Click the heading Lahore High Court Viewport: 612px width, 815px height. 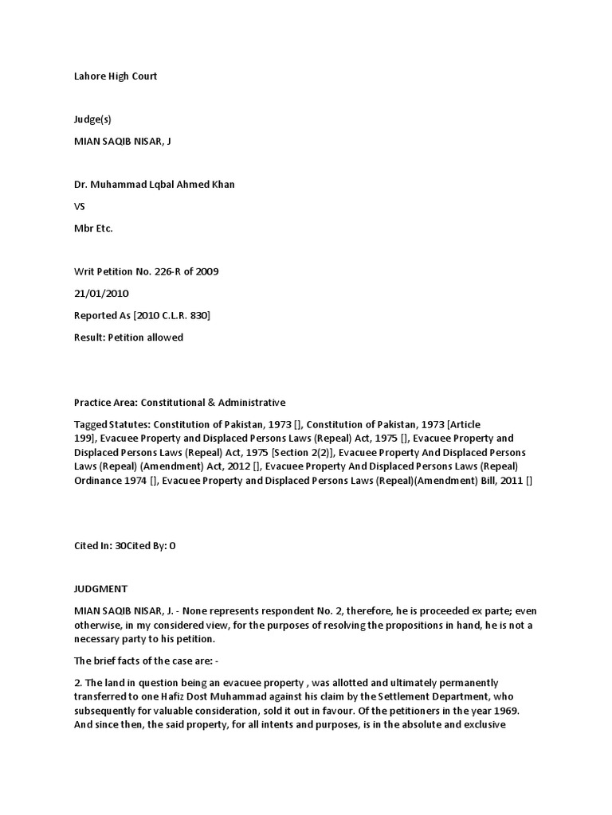click(116, 76)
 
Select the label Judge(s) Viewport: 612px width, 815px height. click(92, 119)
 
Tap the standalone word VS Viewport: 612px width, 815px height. click(80, 206)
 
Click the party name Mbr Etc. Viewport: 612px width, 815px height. click(93, 228)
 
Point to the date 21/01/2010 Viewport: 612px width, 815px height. click(101, 293)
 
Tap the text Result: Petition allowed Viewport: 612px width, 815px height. click(128, 337)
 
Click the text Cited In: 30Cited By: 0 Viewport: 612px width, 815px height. click(124, 546)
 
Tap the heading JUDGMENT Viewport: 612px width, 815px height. click(100, 589)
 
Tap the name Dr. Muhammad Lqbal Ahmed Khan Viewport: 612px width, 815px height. click(155, 185)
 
